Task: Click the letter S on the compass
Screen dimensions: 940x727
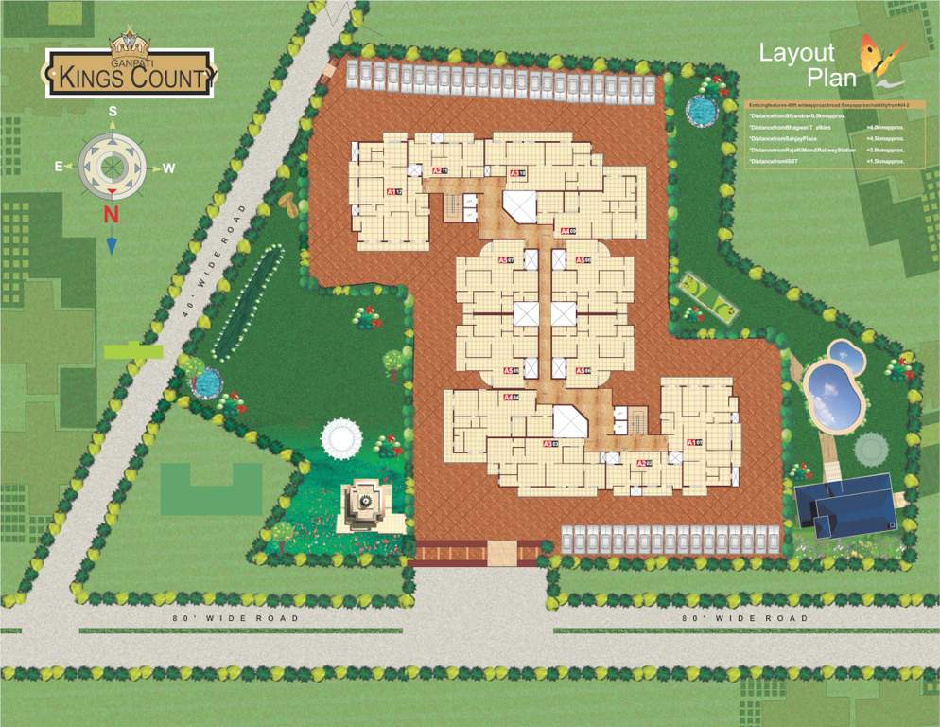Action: click(x=112, y=111)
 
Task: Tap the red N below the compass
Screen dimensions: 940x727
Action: click(x=111, y=214)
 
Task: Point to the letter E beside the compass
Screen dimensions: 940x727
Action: click(x=59, y=167)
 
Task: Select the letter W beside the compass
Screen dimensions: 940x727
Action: click(x=168, y=168)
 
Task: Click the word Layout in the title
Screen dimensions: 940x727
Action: click(x=797, y=54)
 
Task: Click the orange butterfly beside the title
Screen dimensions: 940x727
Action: click(x=881, y=57)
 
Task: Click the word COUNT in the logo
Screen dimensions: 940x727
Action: click(x=165, y=78)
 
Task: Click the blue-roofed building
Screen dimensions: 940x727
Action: click(x=845, y=505)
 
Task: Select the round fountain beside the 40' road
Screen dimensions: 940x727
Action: click(x=207, y=382)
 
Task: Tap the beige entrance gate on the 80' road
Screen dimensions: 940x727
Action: click(x=501, y=552)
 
